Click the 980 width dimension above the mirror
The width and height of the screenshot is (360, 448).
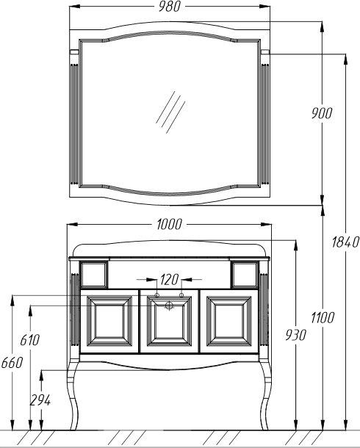pyautogui.click(x=170, y=7)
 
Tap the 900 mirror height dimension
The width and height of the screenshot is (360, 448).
pyautogui.click(x=322, y=113)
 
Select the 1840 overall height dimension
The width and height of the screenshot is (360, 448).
pyautogui.click(x=345, y=242)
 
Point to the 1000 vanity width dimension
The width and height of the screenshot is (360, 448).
pyautogui.click(x=169, y=224)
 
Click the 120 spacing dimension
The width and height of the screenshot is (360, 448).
pyautogui.click(x=170, y=279)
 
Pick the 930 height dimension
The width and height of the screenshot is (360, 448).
pyautogui.click(x=295, y=335)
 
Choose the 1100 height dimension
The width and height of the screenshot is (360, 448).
pyautogui.click(x=323, y=318)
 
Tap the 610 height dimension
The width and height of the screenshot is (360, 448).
pyautogui.click(x=30, y=340)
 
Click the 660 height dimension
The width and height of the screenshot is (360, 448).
pyautogui.click(x=12, y=363)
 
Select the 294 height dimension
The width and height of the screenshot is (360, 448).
pyautogui.click(x=40, y=400)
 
